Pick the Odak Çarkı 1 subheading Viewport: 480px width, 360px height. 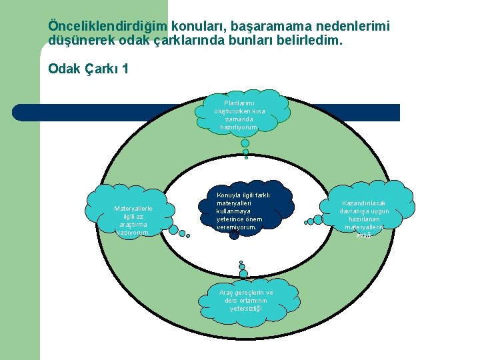pos(88,69)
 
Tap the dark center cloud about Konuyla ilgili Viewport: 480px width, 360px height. pos(243,211)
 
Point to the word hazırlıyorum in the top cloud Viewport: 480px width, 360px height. pos(239,127)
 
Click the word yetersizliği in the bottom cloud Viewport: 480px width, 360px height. pos(245,309)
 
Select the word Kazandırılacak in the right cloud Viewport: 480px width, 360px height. pos(364,203)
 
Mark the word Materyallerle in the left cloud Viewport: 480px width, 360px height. pos(133,208)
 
